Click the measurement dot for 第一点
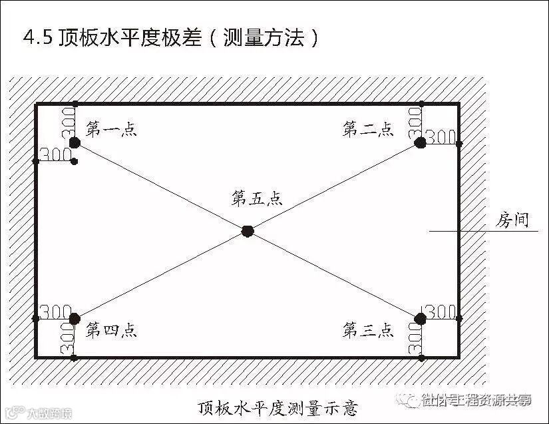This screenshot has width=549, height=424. coord(75,142)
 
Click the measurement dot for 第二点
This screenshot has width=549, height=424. coord(420,142)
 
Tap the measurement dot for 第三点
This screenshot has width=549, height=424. coord(420,319)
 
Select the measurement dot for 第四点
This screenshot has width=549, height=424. coord(75,319)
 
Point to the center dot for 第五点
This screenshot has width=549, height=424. coord(248,231)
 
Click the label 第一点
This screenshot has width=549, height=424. coord(112,130)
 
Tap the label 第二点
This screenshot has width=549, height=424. coord(368,130)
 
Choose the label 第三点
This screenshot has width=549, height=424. coord(368,329)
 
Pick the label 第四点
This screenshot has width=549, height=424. coord(112,329)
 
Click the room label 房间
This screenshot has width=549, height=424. coord(512,220)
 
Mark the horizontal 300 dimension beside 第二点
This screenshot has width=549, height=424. coord(440,137)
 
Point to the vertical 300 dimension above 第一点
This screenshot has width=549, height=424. coord(67,120)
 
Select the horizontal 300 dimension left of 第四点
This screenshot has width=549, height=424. coord(55,312)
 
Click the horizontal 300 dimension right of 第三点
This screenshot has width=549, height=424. coord(441,312)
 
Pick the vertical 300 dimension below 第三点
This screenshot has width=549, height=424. coord(414,340)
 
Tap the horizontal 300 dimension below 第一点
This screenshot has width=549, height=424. coord(56,154)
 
